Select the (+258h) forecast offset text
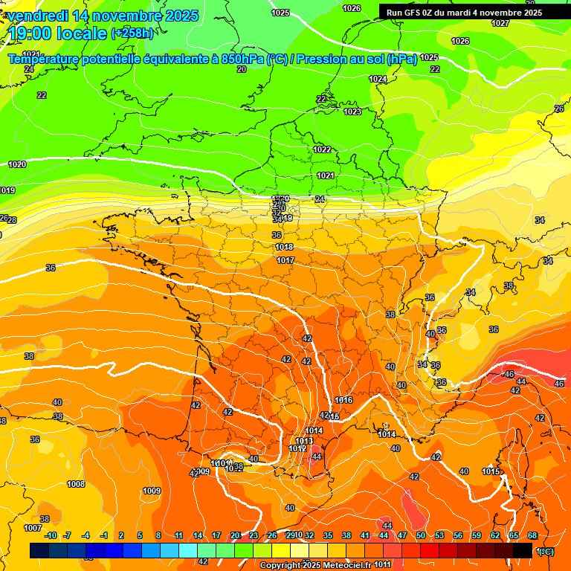(x=132, y=33)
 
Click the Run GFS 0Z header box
(x=464, y=12)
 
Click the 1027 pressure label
(x=500, y=23)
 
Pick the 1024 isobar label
(x=378, y=79)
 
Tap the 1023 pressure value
(x=352, y=112)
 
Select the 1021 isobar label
(x=325, y=175)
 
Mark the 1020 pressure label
(x=17, y=164)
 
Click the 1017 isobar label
(x=285, y=260)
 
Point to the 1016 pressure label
(x=343, y=400)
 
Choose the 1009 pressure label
(x=152, y=491)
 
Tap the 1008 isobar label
(x=76, y=484)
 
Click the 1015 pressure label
(x=490, y=471)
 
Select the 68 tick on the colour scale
(x=532, y=535)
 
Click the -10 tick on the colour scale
(x=51, y=535)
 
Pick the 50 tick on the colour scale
(x=420, y=535)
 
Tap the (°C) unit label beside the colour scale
(x=546, y=552)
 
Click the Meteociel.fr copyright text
(x=312, y=565)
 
